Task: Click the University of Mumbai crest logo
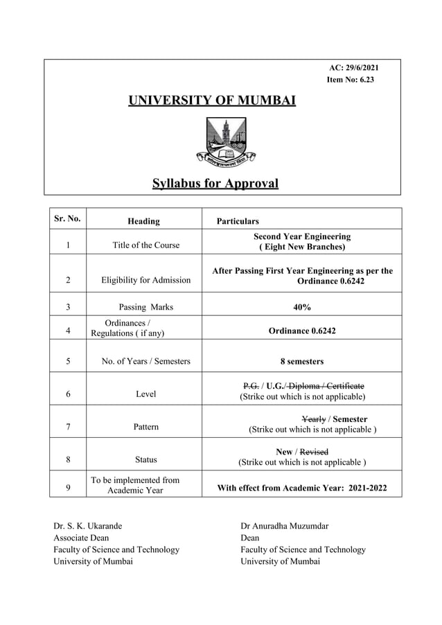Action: (x=225, y=142)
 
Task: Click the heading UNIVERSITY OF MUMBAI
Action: (x=212, y=101)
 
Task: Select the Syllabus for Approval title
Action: (x=215, y=184)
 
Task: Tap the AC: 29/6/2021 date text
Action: (x=353, y=67)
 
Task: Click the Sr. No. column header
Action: (x=67, y=219)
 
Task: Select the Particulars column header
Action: (x=238, y=221)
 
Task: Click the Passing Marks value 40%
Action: (x=301, y=307)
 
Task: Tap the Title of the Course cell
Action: (x=145, y=245)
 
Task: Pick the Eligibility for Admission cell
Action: (x=145, y=280)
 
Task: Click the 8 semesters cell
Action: (x=301, y=361)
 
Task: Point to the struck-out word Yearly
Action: (x=314, y=419)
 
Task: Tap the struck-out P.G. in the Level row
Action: (x=251, y=386)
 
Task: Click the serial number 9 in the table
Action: (x=67, y=488)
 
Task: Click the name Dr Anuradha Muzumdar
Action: (x=285, y=526)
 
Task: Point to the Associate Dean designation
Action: (x=81, y=538)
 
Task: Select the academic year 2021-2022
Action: (x=360, y=488)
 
